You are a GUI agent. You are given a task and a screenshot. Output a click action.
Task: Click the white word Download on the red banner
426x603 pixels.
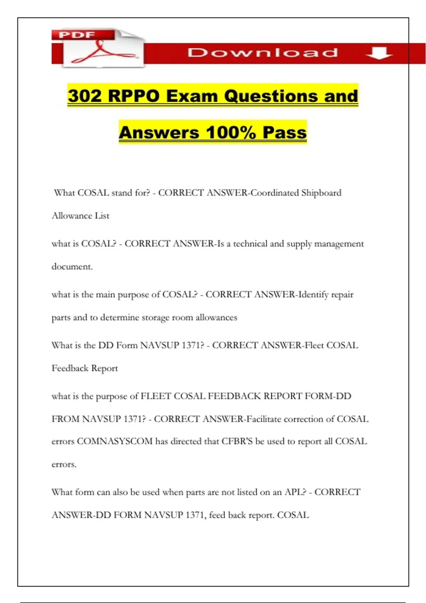coord(262,53)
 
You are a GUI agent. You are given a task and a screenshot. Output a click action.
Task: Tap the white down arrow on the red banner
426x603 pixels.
coord(379,54)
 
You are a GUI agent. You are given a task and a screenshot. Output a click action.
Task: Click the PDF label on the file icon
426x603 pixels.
coord(77,35)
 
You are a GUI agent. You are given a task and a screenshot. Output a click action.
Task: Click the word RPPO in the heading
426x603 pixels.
coord(133,96)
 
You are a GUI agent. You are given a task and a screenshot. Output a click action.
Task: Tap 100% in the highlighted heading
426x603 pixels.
coord(231,133)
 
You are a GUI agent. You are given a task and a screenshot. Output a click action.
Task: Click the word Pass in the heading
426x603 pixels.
coord(284,133)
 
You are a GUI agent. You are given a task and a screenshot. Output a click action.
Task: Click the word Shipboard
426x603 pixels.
coord(321,193)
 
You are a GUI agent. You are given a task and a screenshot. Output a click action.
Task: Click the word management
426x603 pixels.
coord(339,244)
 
